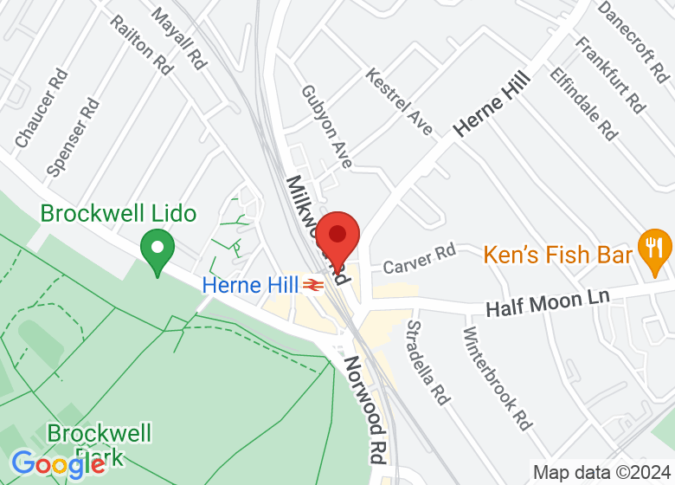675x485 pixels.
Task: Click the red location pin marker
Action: pyautogui.click(x=337, y=236)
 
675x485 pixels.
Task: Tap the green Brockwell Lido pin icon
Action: pyautogui.click(x=157, y=250)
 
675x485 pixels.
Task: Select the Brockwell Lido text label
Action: pyautogui.click(x=119, y=213)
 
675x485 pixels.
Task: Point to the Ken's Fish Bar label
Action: pyautogui.click(x=558, y=255)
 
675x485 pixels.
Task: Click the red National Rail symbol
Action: pyautogui.click(x=313, y=284)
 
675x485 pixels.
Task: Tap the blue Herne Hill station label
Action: pyautogui.click(x=251, y=284)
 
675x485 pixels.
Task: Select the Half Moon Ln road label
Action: pyautogui.click(x=547, y=303)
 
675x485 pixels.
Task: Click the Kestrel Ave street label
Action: pyautogui.click(x=399, y=101)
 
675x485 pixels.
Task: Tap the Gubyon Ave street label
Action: pyautogui.click(x=327, y=126)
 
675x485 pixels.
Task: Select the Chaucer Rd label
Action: pyautogui.click(x=42, y=107)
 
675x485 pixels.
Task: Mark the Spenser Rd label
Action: pyautogui.click(x=73, y=138)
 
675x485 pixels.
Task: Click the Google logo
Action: pyautogui.click(x=59, y=464)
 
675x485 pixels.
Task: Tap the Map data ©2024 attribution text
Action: pyautogui.click(x=601, y=473)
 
